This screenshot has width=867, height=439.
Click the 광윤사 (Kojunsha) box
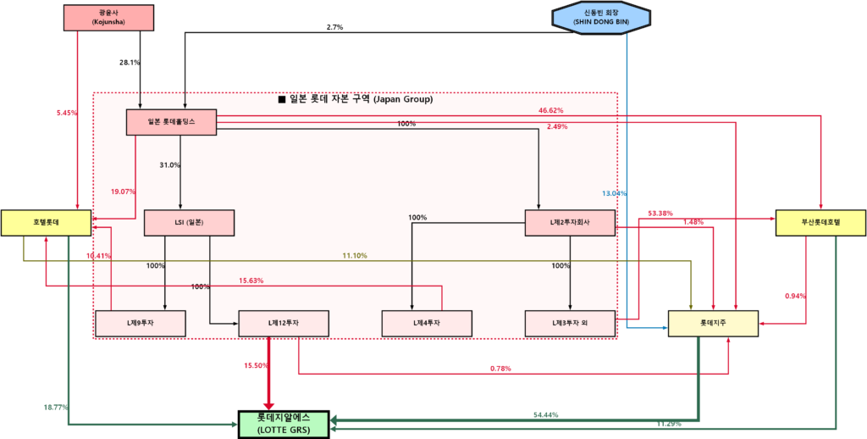coord(108,17)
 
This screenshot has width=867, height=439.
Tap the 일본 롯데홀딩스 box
coord(172,122)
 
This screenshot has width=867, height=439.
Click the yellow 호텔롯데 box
coord(46,222)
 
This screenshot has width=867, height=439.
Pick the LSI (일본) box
coord(189,222)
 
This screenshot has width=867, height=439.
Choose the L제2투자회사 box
coord(570,222)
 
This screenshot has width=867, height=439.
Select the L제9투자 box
coord(141,323)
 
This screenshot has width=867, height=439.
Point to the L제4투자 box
coord(427,323)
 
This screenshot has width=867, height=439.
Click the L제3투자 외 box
coord(569,323)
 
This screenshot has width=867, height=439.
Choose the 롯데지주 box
coord(713,323)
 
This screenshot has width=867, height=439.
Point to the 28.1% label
coord(130,63)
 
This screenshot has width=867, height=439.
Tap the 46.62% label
coord(550,110)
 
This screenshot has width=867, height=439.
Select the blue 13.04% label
coord(614,193)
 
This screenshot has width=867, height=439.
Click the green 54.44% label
coord(545,414)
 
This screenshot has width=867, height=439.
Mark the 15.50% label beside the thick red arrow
coord(257,365)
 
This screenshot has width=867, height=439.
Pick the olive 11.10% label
coord(355,255)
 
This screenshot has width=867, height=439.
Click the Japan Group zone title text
coord(356,99)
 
